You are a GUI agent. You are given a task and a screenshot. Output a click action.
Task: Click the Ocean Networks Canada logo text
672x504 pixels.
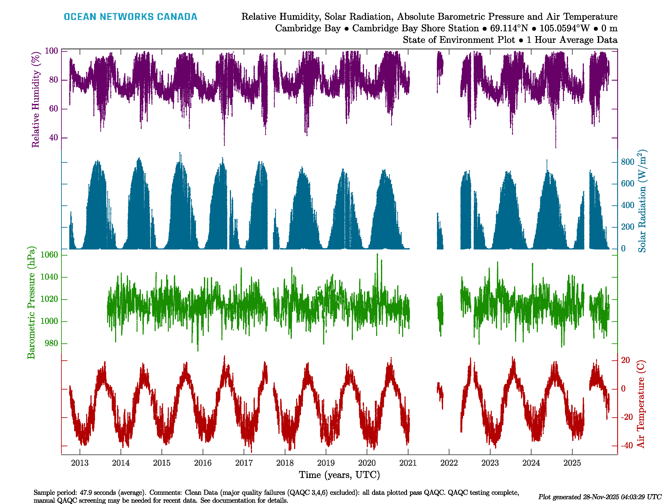[130, 17]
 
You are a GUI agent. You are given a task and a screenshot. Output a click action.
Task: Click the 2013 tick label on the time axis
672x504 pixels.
[80, 463]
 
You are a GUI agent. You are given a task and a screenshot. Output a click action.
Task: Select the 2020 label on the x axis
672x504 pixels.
[367, 463]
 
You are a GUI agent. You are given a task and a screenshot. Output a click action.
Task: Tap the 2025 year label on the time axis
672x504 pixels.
[572, 463]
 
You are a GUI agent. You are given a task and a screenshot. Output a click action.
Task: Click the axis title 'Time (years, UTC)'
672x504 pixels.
[339, 475]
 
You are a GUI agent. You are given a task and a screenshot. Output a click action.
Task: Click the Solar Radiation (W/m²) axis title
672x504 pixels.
[642, 201]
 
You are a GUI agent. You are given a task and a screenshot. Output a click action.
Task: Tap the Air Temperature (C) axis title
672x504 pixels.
[641, 404]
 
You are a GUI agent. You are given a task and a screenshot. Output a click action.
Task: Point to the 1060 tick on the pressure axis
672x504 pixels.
[49, 255]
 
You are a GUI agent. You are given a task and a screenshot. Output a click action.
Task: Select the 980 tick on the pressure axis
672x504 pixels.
[51, 343]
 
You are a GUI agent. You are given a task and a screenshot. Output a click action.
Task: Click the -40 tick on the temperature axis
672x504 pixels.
[626, 446]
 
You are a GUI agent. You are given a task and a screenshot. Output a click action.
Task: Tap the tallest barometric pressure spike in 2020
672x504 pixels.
[377, 254]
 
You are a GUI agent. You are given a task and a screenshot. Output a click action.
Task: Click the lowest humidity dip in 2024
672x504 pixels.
[556, 147]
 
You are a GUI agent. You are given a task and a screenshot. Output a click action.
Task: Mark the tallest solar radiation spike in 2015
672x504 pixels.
[180, 153]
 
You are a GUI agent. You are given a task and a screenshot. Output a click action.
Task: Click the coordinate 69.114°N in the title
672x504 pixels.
[509, 28]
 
